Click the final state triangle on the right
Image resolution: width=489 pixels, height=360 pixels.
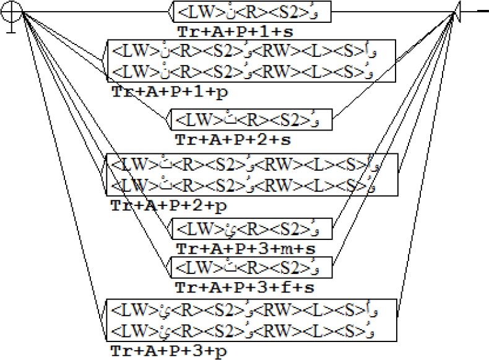click(x=457, y=12)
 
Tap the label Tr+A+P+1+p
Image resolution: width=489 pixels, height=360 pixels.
click(x=158, y=90)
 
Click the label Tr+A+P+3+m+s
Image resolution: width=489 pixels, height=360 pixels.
click(x=237, y=248)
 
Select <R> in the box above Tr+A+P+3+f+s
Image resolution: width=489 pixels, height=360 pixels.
click(x=246, y=268)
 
